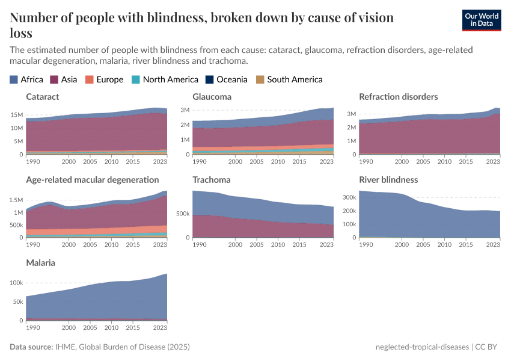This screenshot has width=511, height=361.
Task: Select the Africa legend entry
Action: pos(26,79)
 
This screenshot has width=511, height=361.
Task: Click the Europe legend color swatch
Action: pos(90,79)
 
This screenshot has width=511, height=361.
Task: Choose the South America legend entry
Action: pos(289,79)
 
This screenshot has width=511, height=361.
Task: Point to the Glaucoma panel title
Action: pos(212,96)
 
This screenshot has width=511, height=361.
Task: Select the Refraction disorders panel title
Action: pos(398,96)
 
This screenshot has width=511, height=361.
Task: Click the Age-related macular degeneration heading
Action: pos(92,179)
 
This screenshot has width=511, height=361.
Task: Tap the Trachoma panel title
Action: pos(212,179)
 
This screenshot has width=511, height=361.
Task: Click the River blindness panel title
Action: pos(388,179)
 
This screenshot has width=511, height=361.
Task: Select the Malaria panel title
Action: pos(41,263)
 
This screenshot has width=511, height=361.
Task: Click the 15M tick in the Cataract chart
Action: pos(17,115)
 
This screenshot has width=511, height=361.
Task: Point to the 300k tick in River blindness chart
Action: pos(349,197)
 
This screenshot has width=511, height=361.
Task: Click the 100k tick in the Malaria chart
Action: pos(16,282)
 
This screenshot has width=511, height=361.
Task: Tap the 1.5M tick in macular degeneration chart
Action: pos(16,200)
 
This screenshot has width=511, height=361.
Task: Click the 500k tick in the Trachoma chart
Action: pos(183,214)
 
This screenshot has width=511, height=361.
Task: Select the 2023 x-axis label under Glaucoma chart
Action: pos(326,161)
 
